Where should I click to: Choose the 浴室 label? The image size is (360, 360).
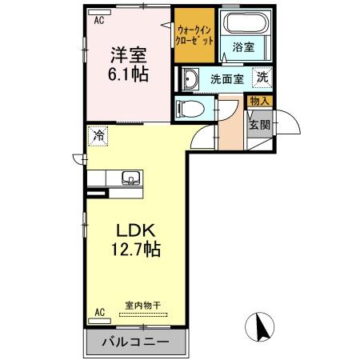click(x=245, y=49)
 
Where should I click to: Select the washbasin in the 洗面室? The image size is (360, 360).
click(x=190, y=78)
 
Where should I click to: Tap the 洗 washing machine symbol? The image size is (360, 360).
click(x=262, y=78)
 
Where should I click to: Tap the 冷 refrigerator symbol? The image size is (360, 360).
click(x=98, y=136)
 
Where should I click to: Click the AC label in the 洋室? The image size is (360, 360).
click(x=100, y=21)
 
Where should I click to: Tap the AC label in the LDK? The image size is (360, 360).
click(x=100, y=312)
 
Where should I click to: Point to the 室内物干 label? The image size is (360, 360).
click(x=143, y=306)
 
